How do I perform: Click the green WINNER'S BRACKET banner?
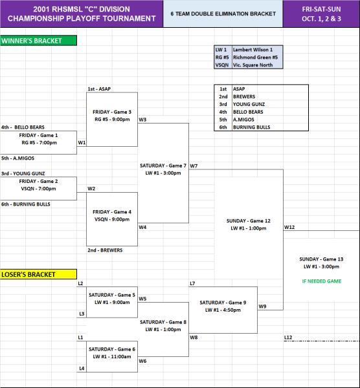coord(38,41)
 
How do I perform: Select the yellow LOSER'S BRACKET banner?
coord(38,274)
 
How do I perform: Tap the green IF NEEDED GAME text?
coord(322,281)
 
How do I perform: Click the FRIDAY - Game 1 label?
coord(38,135)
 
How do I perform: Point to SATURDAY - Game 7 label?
coord(163,166)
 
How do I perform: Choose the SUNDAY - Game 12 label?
coord(248,221)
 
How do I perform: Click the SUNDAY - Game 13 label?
coord(321,259)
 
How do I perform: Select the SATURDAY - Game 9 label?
coord(223,303)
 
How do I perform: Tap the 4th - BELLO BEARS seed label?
coord(23,127)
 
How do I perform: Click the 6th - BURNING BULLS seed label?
coord(26,204)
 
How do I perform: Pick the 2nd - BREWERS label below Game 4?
coord(105,250)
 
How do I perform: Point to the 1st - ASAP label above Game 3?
coord(99,89)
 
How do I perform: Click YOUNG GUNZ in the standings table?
coord(249,104)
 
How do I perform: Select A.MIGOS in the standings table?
coord(243,120)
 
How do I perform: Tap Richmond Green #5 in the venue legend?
coord(255,57)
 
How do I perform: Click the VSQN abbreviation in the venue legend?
coord(221,65)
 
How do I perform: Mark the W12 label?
coord(289,227)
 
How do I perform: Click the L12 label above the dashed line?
coord(288,338)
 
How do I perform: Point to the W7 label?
coord(194,166)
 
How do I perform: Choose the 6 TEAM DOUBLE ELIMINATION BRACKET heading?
coord(223,14)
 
